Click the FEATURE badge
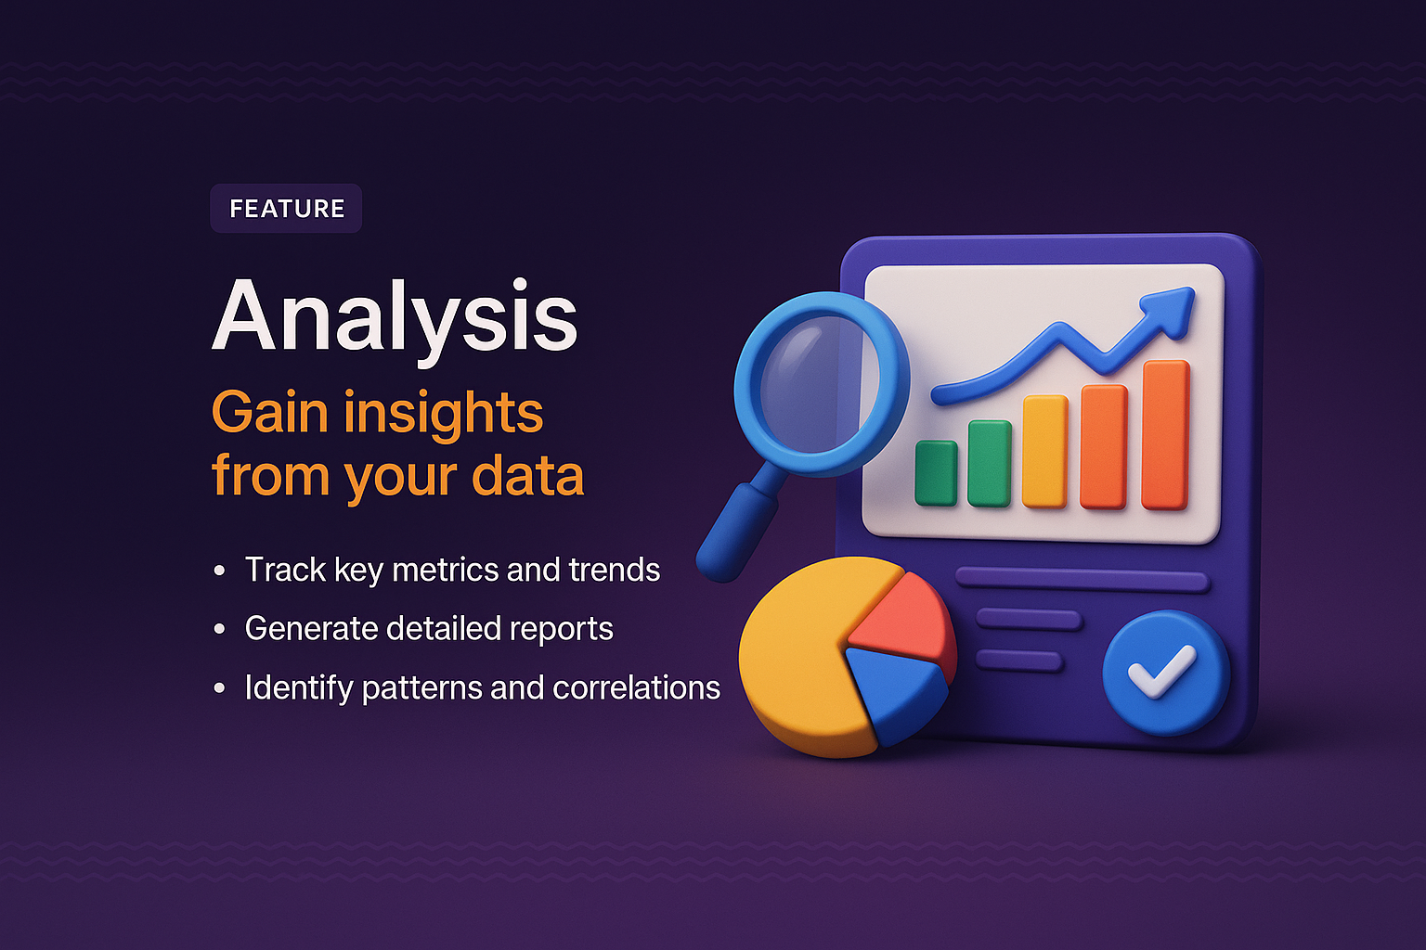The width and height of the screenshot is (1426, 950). (x=286, y=209)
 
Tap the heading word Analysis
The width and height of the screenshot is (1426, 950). (x=395, y=318)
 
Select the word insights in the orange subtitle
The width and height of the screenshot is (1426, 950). (x=443, y=413)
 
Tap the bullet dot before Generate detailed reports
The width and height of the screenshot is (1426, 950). (x=220, y=630)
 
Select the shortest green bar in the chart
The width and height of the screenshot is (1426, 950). (x=935, y=473)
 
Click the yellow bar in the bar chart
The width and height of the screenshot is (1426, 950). (x=1044, y=452)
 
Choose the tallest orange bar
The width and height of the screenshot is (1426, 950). (x=1165, y=435)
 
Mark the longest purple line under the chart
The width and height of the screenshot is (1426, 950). (x=1082, y=581)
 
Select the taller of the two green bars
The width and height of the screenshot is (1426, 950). (x=989, y=463)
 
